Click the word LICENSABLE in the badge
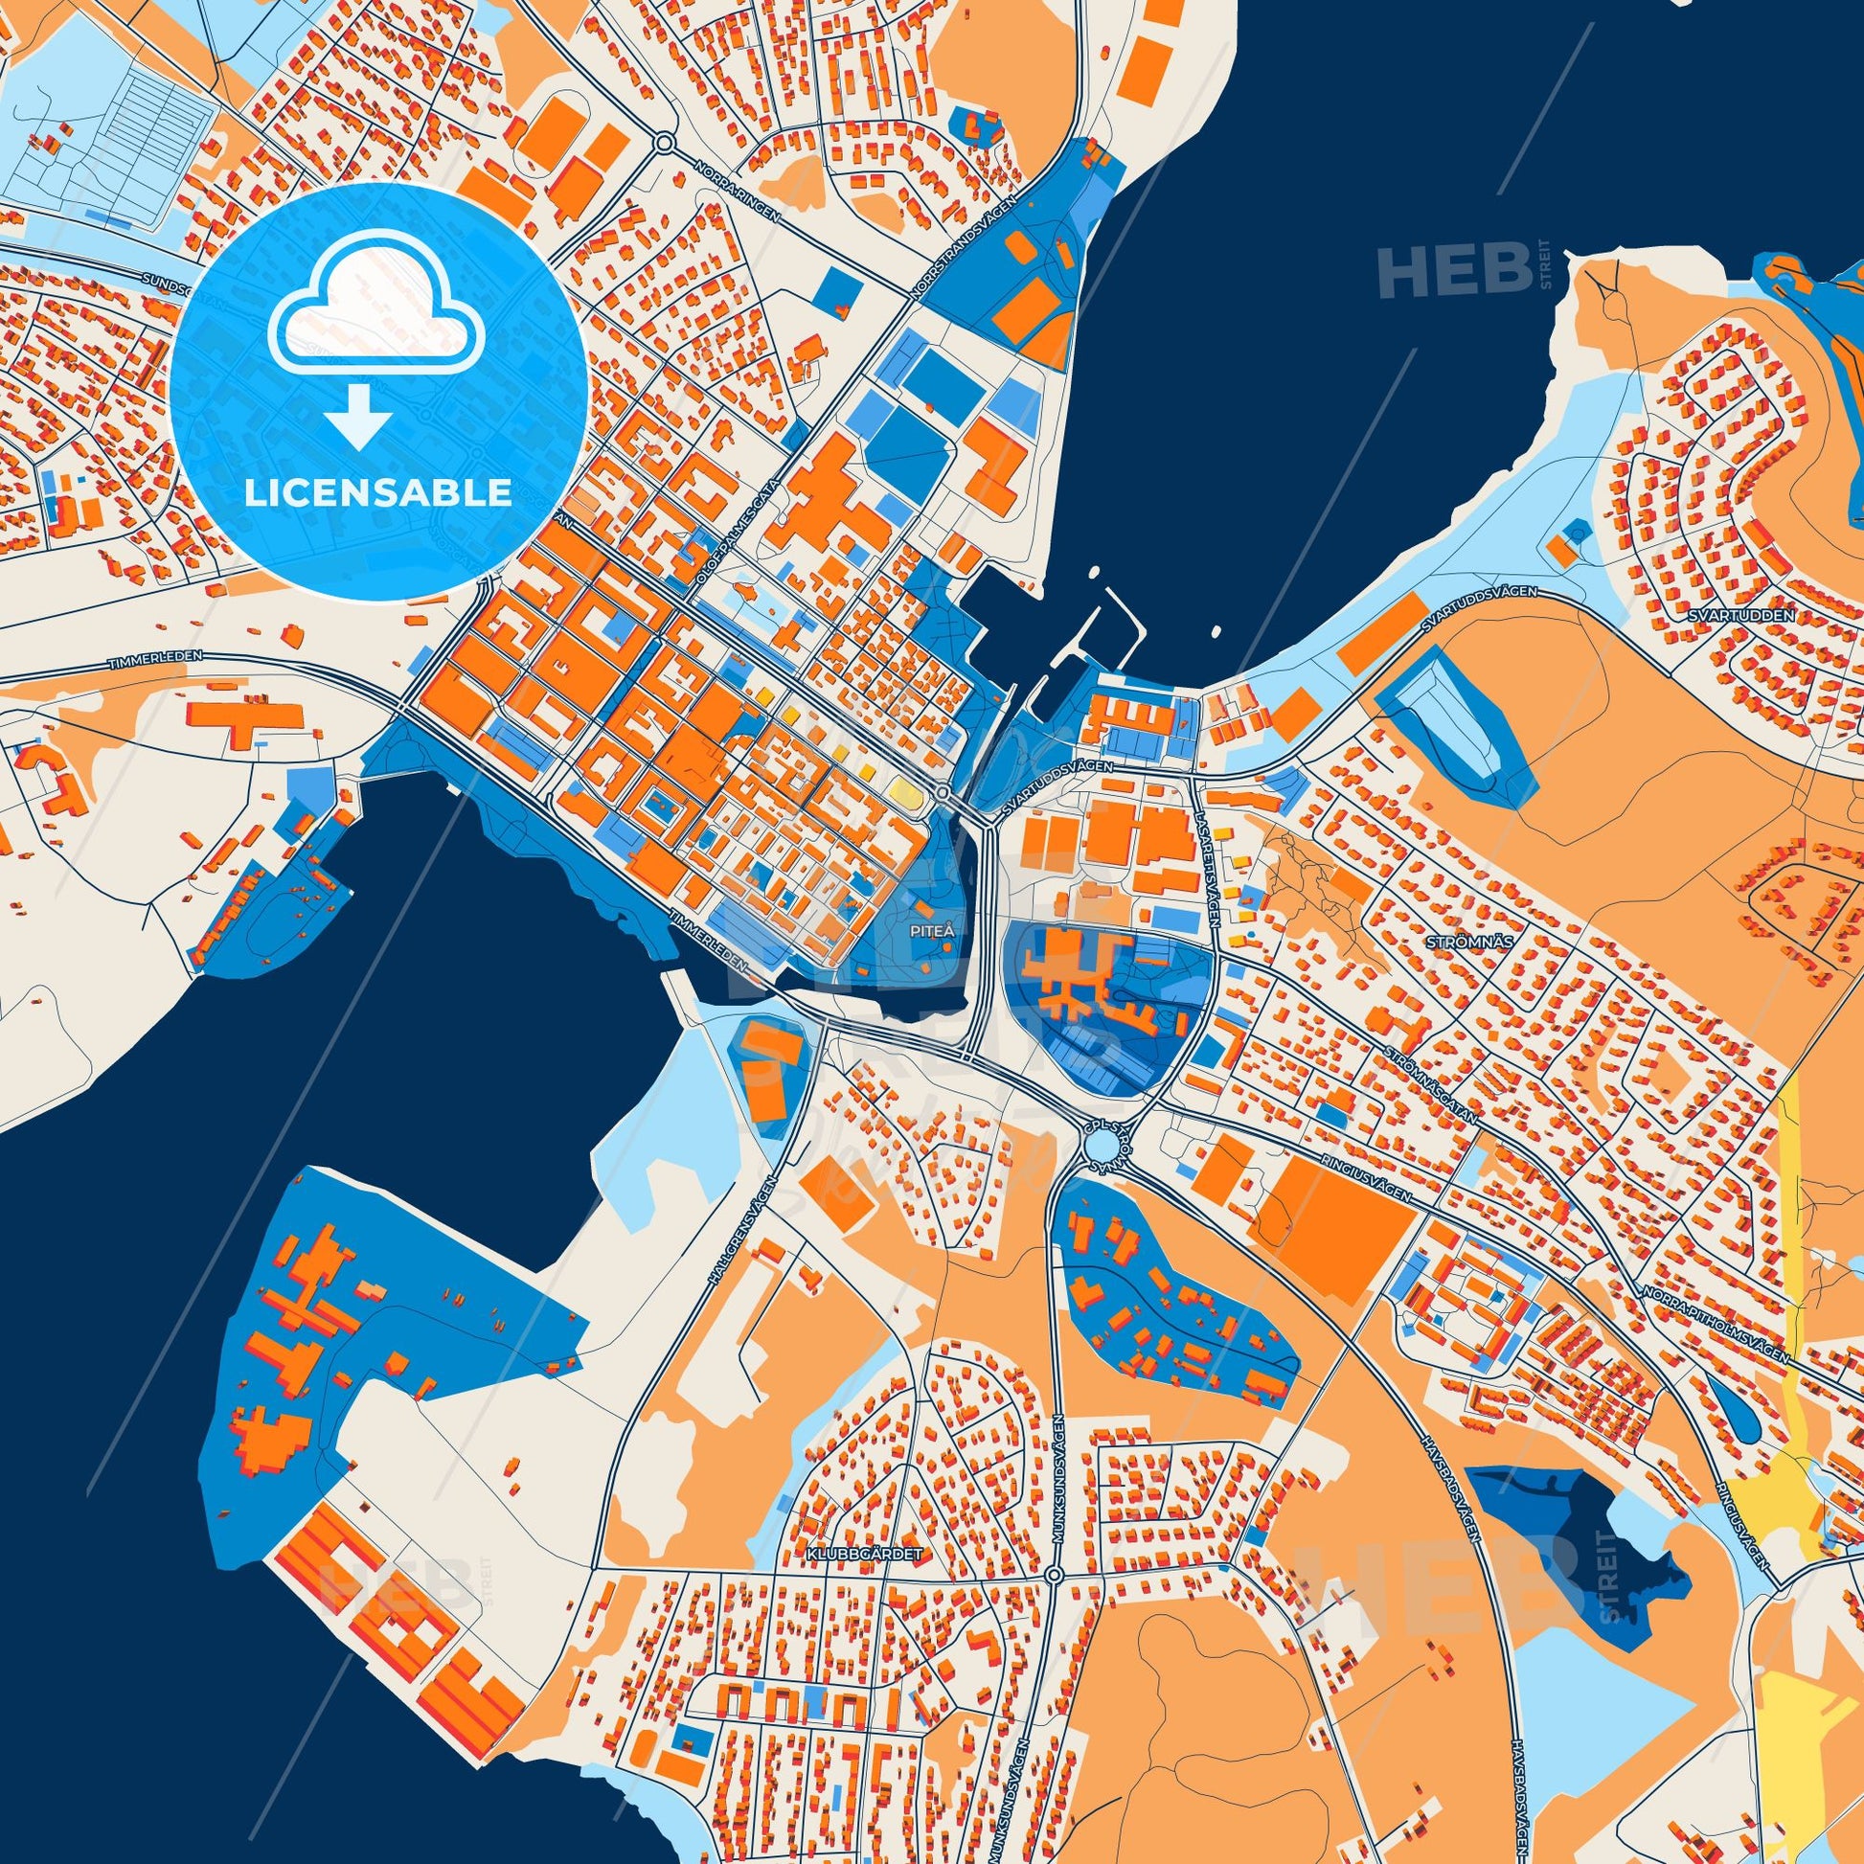378,493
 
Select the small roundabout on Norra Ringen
664,144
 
